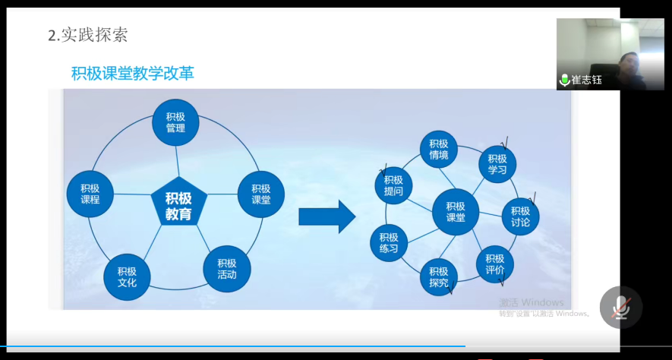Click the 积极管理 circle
pos(175,122)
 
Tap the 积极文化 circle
pos(127,277)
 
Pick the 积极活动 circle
pos(227,269)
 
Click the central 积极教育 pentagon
pos(178,201)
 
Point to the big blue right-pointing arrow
pos(327,217)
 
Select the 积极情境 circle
pos(438,149)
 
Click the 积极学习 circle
pos(497,165)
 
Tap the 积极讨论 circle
pos(520,216)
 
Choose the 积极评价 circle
pos(495,264)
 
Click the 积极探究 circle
pos(438,277)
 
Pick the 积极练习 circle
pos(389,242)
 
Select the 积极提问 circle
pos(393,185)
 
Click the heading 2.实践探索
pos(88,35)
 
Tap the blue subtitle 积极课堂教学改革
pos(133,73)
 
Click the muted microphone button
pos(621,308)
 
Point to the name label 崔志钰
pos(586,80)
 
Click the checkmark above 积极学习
pos(504,141)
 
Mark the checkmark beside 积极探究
pos(450,289)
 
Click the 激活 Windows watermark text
pos(532,302)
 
